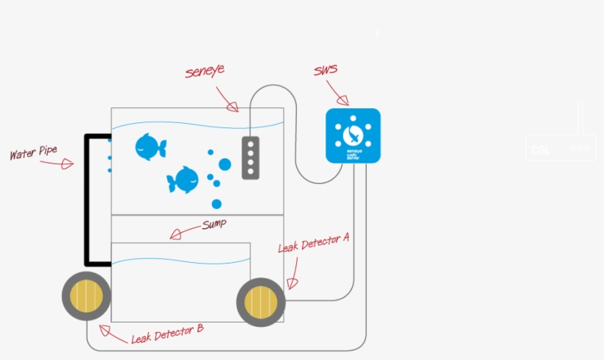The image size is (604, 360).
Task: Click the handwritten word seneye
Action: tap(205, 71)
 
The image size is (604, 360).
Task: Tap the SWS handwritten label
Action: tap(325, 71)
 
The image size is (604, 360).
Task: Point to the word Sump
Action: tap(214, 224)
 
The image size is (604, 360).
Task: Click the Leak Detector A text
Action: tap(313, 244)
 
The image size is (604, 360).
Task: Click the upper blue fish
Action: tap(150, 147)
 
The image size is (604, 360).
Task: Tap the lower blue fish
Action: tap(183, 180)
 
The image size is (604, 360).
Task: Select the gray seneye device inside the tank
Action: tap(250, 158)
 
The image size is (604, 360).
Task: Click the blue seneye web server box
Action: tap(353, 135)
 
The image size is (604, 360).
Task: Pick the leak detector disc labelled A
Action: tap(260, 302)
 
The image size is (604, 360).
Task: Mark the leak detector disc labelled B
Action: tap(86, 296)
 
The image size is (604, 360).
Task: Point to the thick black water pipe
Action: tap(87, 199)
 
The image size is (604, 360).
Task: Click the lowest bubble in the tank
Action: tap(217, 204)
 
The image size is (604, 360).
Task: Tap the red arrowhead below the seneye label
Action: tap(233, 107)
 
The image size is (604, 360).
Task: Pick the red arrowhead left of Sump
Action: tap(175, 235)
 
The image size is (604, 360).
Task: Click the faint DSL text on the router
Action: tap(540, 149)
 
